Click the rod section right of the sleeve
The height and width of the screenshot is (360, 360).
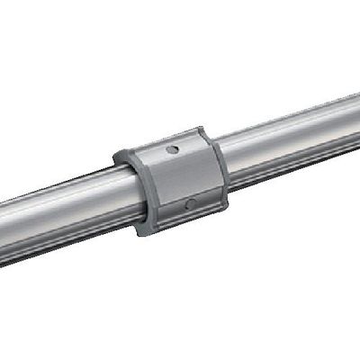pos(288,135)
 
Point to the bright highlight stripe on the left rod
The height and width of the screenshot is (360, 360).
pos(63,202)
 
